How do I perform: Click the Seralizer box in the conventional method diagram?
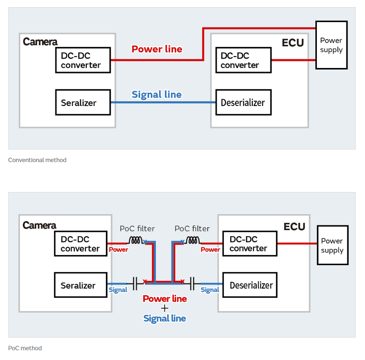point(83,103)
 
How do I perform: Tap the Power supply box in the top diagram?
point(331,45)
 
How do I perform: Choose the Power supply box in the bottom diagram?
point(332,245)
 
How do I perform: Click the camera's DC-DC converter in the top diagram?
point(83,60)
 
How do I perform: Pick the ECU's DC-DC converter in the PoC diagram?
point(250,243)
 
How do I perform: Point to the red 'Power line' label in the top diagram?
point(157,49)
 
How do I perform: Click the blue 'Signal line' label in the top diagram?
point(156,94)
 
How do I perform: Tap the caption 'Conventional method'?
point(37,160)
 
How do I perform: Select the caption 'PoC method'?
point(25,348)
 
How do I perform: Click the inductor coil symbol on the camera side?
point(136,240)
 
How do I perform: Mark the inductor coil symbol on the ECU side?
point(192,240)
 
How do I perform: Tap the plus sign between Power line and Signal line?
point(165,308)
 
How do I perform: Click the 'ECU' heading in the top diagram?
point(293,43)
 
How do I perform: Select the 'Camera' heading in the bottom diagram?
point(39,225)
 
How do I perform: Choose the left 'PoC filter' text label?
point(137,229)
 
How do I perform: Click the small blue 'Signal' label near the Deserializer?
point(210,290)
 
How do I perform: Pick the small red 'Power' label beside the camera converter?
point(118,250)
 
